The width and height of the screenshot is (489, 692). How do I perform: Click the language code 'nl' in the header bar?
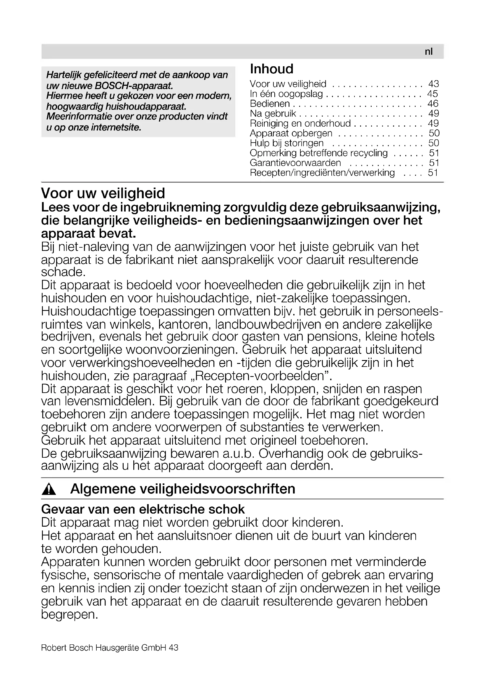pyautogui.click(x=428, y=52)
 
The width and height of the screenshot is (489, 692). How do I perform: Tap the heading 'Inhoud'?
pyautogui.click(x=272, y=69)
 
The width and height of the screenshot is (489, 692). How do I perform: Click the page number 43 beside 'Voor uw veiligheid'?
pyautogui.click(x=434, y=84)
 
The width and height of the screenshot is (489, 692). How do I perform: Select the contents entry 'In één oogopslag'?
pyautogui.click(x=286, y=94)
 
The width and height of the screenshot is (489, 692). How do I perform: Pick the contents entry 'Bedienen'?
pyautogui.click(x=270, y=104)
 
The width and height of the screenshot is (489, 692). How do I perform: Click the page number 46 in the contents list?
pyautogui.click(x=433, y=104)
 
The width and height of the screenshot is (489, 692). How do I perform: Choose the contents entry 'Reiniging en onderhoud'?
pyautogui.click(x=300, y=123)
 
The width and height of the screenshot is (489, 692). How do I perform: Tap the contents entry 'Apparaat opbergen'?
pyautogui.click(x=291, y=133)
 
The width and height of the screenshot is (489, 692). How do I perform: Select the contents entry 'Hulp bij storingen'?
pyautogui.click(x=287, y=143)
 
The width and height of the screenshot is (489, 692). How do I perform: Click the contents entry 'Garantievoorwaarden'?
pyautogui.click(x=295, y=163)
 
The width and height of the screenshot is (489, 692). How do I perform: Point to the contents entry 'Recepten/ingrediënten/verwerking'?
pyautogui.click(x=322, y=173)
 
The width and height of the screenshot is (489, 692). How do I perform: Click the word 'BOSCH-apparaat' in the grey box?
pyautogui.click(x=134, y=86)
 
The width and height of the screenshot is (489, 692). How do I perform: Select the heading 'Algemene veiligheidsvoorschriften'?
pyautogui.click(x=182, y=489)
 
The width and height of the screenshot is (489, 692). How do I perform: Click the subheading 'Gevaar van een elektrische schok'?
pyautogui.click(x=143, y=509)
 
